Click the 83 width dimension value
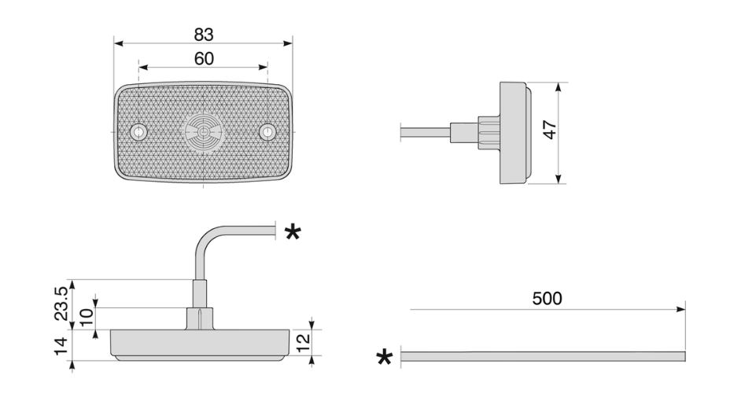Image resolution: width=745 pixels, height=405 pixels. (204, 35)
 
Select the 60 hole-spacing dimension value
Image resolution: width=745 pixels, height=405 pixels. (204, 59)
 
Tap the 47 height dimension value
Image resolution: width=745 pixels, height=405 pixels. (550, 130)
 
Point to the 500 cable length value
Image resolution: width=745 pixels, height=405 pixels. (547, 299)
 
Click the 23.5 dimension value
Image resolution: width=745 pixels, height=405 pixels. (62, 304)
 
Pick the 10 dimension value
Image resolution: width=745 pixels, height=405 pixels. (87, 317)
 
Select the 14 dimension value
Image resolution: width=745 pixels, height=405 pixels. (61, 346)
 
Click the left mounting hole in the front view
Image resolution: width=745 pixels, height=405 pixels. (138, 131)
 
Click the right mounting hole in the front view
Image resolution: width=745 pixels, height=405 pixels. (267, 131)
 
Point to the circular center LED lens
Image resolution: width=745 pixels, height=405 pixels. (203, 132)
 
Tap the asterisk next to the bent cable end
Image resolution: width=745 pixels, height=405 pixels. (293, 233)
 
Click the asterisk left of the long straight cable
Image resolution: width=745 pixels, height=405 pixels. (385, 357)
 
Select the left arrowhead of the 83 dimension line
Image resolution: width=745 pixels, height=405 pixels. (119, 44)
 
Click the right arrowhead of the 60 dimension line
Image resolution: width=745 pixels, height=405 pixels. (264, 68)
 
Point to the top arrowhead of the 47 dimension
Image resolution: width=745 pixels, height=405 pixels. (559, 87)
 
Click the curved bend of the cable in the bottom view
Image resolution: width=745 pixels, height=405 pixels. (205, 237)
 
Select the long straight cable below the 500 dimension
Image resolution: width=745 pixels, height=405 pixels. (543, 356)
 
